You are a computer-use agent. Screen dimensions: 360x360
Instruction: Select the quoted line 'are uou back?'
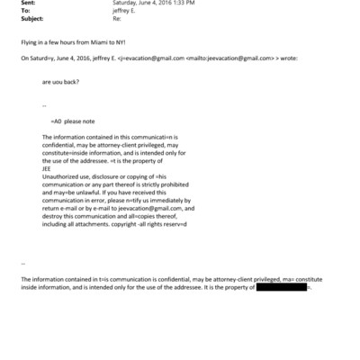(x=59, y=82)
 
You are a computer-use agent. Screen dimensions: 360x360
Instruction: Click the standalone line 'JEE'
(x=47, y=167)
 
